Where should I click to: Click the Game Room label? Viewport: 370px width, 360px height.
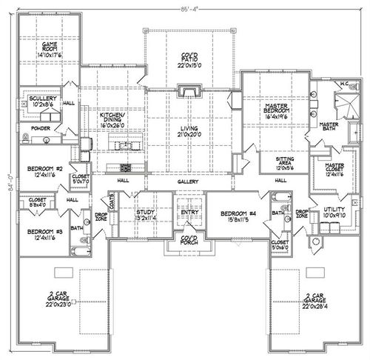pos(50,48)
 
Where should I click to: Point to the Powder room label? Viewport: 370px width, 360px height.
pos(41,127)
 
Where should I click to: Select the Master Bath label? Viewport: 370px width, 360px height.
pos(329,127)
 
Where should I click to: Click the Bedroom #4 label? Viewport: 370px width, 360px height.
pos(237,216)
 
